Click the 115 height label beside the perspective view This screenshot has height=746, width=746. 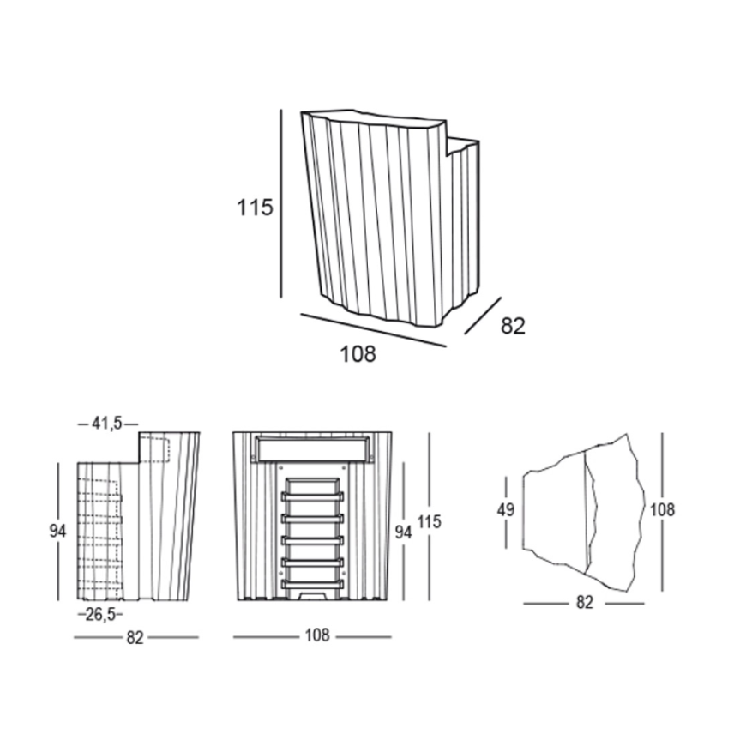pyautogui.click(x=255, y=208)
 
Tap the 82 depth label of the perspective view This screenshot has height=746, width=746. pyautogui.click(x=513, y=327)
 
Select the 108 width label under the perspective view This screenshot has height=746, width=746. pyautogui.click(x=358, y=354)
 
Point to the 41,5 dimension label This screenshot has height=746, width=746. pyautogui.click(x=107, y=423)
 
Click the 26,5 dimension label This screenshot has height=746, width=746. pyautogui.click(x=100, y=615)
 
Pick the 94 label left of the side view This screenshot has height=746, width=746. pyautogui.click(x=58, y=531)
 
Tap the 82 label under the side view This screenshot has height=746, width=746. pyautogui.click(x=135, y=637)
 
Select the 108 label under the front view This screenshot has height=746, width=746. pyautogui.click(x=317, y=635)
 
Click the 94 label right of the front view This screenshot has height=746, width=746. pyautogui.click(x=404, y=532)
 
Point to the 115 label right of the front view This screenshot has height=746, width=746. pyautogui.click(x=429, y=521)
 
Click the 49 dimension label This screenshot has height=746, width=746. pyautogui.click(x=506, y=510)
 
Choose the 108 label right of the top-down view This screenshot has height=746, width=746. pyautogui.click(x=662, y=510)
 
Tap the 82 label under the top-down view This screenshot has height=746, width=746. pyautogui.click(x=585, y=602)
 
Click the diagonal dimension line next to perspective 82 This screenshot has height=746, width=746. pyautogui.click(x=483, y=316)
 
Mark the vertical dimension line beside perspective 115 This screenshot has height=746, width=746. pyautogui.click(x=280, y=203)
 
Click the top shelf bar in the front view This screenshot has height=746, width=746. pyautogui.click(x=313, y=496)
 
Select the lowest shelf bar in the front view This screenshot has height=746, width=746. pyautogui.click(x=313, y=583)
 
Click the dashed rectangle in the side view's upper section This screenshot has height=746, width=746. pyautogui.click(x=159, y=449)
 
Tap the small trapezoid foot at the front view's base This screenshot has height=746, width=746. pyautogui.click(x=313, y=595)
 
